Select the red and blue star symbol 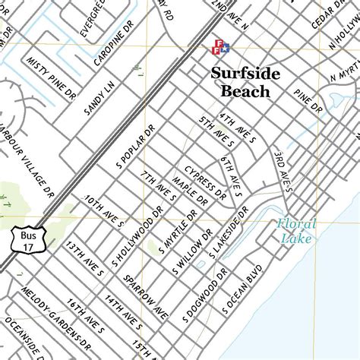coord(219,46)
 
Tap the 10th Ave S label coord(104,210)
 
